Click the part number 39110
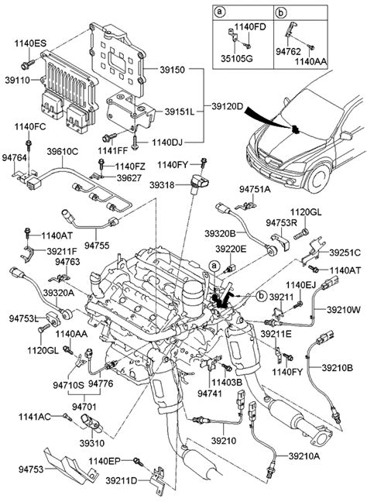[17, 80]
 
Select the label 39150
[173, 70]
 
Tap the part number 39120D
[228, 107]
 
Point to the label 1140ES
[30, 43]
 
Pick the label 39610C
[63, 151]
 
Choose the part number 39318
[162, 184]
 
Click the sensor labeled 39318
[199, 184]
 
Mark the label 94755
[97, 246]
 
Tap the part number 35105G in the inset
[236, 59]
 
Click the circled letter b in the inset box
[281, 12]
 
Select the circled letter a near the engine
[214, 266]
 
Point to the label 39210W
[344, 310]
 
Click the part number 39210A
[304, 456]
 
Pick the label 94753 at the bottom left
[31, 469]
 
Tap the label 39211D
[122, 480]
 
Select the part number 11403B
[227, 382]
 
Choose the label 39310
[92, 443]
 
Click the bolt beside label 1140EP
[139, 462]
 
